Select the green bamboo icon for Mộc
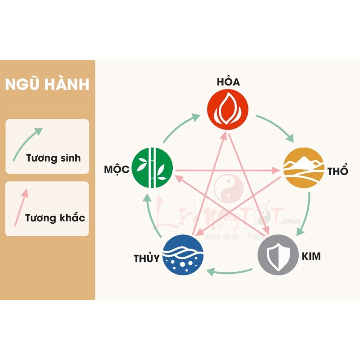(153, 167)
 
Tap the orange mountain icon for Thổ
(303, 167)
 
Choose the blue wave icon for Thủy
(183, 254)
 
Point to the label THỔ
(337, 171)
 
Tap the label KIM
(312, 256)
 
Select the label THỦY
(147, 259)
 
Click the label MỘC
(117, 170)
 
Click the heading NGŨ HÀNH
(47, 85)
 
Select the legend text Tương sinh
(53, 158)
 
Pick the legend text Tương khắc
(55, 219)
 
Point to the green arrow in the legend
(27, 143)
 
